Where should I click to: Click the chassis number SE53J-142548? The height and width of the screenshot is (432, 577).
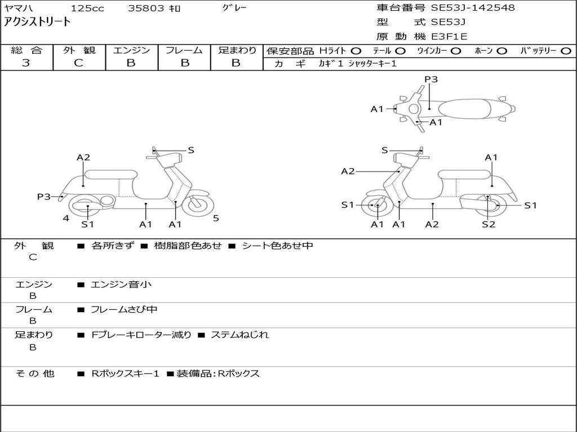click(x=473, y=7)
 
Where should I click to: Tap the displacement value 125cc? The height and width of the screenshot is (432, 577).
click(x=87, y=8)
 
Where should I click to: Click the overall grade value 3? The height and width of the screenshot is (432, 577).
click(x=26, y=63)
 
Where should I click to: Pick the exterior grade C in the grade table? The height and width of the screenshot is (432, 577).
click(x=78, y=63)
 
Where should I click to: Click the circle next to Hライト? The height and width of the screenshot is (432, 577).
click(x=356, y=51)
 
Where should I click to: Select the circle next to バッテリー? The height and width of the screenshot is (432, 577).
click(x=566, y=51)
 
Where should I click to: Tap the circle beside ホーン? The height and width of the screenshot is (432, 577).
click(x=501, y=51)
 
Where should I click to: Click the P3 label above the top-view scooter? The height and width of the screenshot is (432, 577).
click(x=431, y=79)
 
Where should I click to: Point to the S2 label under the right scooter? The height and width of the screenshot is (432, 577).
click(x=489, y=224)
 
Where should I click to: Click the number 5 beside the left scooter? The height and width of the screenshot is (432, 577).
click(x=216, y=218)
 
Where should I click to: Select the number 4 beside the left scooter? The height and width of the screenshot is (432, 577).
click(x=66, y=218)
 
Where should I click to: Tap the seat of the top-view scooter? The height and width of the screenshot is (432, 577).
click(x=464, y=109)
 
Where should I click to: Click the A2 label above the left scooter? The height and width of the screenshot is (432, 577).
click(x=83, y=157)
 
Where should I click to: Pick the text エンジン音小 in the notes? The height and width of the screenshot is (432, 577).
click(x=121, y=284)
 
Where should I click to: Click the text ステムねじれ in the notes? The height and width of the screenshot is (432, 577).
click(x=239, y=335)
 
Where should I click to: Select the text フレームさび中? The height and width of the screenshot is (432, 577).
click(x=124, y=310)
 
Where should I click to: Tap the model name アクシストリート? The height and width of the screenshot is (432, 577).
click(x=37, y=22)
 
